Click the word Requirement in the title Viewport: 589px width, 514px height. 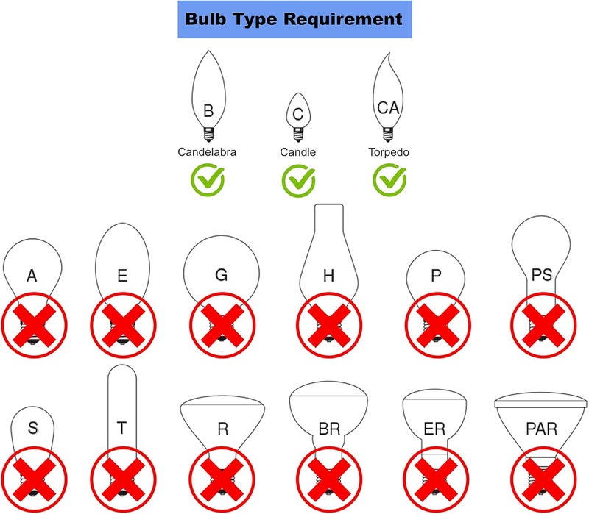[x=342, y=19]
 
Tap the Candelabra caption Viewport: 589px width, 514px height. [x=207, y=152]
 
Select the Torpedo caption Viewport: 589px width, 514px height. [x=389, y=152]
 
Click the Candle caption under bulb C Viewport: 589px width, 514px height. [x=298, y=152]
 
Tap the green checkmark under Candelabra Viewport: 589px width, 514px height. [x=208, y=179]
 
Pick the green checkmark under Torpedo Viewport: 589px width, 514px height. [x=389, y=179]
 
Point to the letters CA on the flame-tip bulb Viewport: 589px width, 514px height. [x=388, y=108]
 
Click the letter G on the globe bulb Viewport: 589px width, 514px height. [x=222, y=275]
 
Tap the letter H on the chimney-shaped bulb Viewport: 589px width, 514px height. [x=328, y=276]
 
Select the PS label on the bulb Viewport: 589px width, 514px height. [x=542, y=274]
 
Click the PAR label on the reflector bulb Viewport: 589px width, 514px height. [x=541, y=429]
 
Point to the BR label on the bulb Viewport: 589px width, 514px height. [x=329, y=429]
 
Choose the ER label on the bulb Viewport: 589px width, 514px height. [x=434, y=429]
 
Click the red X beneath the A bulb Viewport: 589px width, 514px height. [x=34, y=325]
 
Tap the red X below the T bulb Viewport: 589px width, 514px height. [x=123, y=479]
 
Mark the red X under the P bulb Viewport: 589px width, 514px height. [x=437, y=325]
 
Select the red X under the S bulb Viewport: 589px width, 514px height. [x=34, y=479]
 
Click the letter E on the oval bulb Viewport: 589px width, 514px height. [x=122, y=276]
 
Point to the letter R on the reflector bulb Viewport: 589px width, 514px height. [x=223, y=429]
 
